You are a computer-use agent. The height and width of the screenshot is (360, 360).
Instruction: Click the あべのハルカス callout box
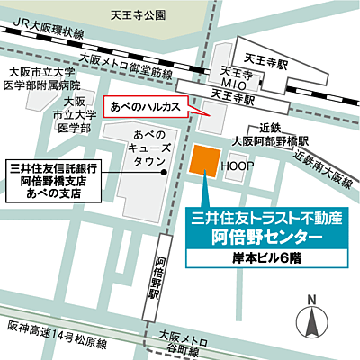coord(145,106)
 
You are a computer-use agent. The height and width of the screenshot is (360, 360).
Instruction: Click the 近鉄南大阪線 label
coord(321,166)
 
